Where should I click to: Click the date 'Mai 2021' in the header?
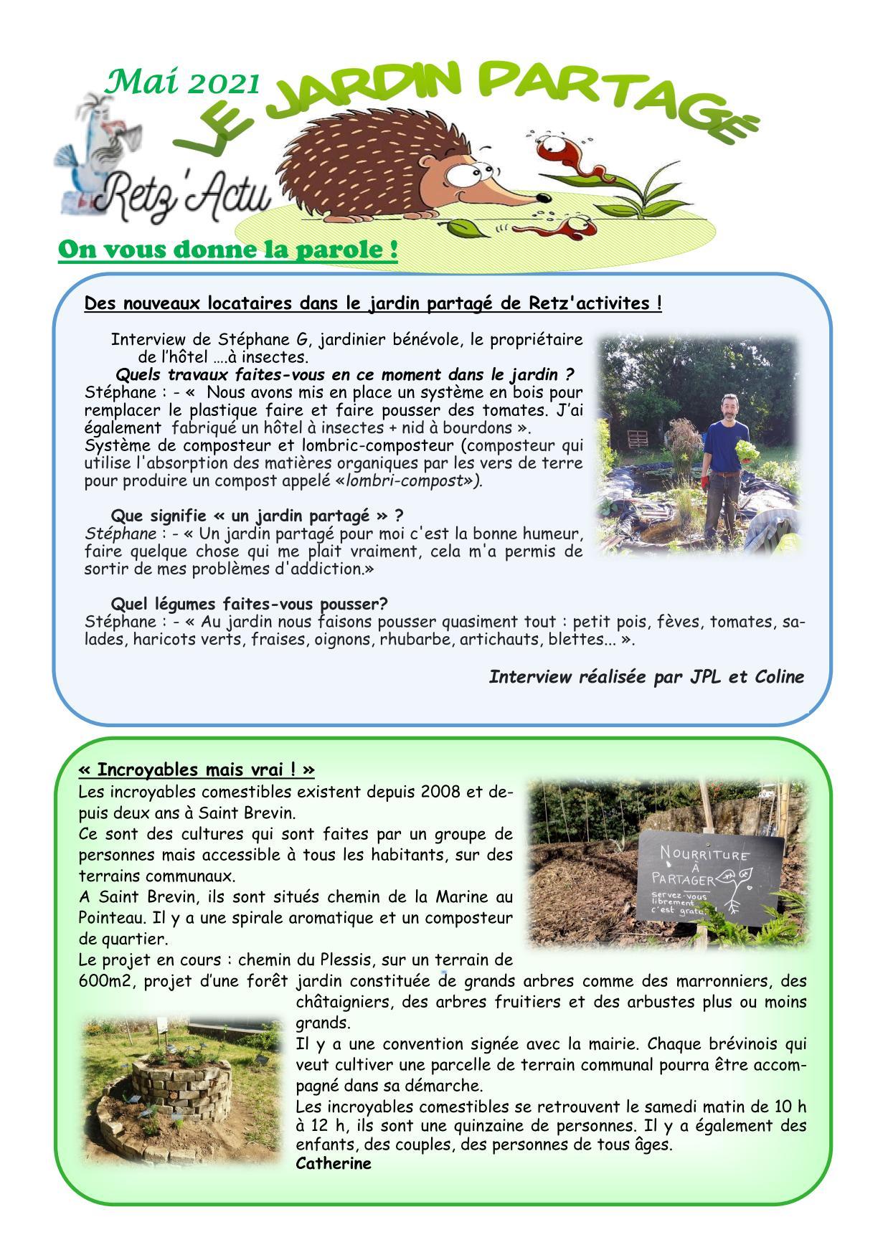click(182, 83)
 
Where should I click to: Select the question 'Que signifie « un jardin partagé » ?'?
click(257, 516)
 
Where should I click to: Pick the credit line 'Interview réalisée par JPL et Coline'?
click(646, 677)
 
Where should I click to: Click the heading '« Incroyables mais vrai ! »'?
click(197, 769)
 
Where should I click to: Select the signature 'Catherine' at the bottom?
click(334, 1163)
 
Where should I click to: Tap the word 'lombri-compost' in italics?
click(404, 480)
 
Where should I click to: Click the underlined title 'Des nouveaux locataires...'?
click(373, 303)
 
